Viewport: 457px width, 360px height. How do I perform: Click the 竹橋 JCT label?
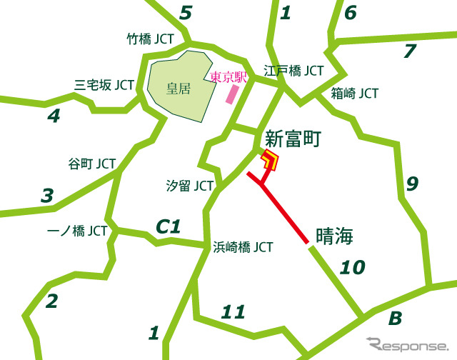coord(149,39)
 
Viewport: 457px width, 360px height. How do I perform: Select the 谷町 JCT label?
coord(91,163)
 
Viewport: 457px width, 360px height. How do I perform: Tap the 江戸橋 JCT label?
coord(293,71)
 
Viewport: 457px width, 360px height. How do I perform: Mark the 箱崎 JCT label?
coord(355,94)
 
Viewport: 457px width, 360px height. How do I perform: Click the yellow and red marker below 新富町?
coord(270,161)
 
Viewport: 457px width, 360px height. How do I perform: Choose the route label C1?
coord(169,227)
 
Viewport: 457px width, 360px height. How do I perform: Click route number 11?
coord(233,311)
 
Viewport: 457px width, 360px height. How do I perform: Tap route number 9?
coord(412,184)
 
